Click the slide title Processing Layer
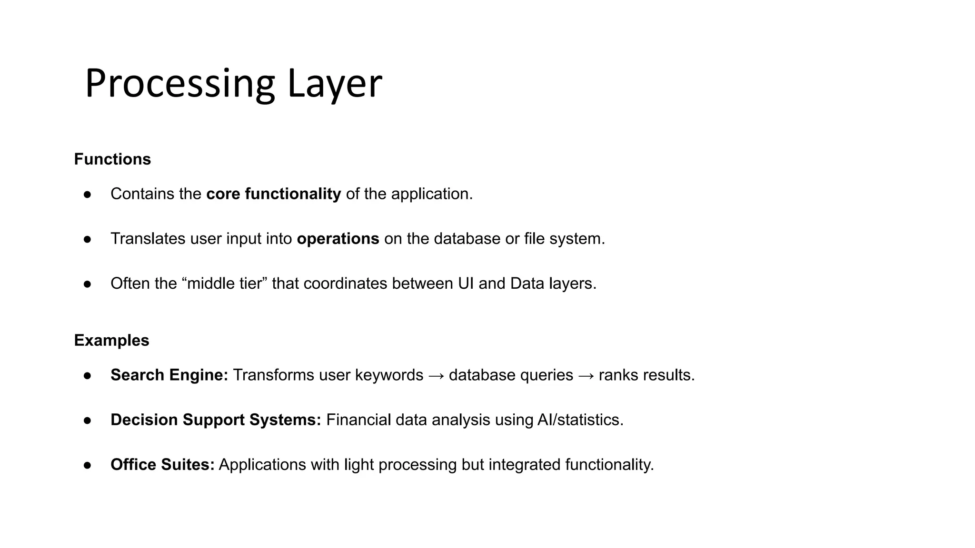coord(233,84)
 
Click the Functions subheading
coord(112,159)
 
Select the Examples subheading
coord(111,340)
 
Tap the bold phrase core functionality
coord(273,194)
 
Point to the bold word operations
coord(338,238)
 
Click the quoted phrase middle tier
coord(224,283)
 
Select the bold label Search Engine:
coord(169,375)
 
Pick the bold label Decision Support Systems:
coord(216,420)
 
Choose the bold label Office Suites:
coord(162,464)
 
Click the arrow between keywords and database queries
coord(436,375)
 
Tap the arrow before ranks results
coord(586,375)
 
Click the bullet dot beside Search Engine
coord(87,375)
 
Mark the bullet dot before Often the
coord(87,284)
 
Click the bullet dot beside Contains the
coord(87,194)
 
